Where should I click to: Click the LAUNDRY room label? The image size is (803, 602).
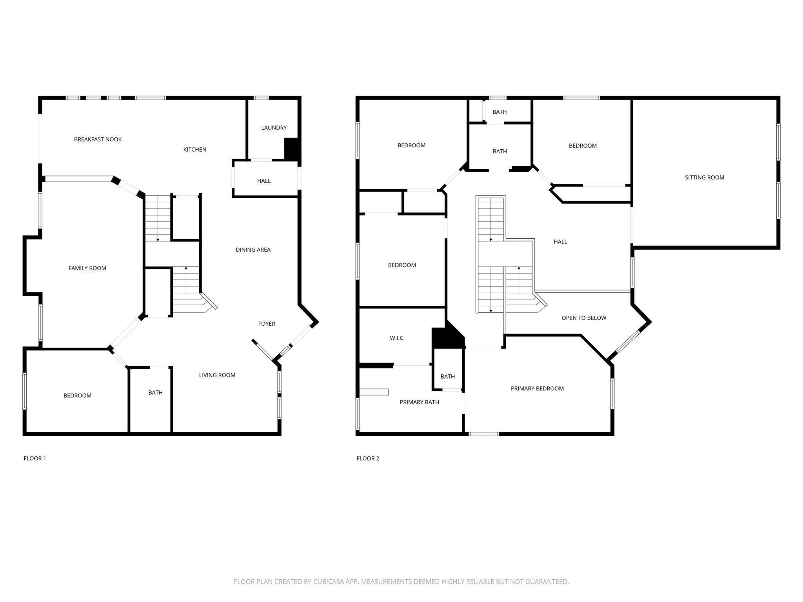(x=274, y=128)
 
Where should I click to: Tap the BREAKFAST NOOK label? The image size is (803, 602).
(x=98, y=140)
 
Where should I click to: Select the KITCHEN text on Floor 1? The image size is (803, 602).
(x=194, y=150)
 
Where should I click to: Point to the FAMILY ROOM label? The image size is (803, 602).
(x=87, y=268)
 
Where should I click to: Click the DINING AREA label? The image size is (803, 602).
(x=253, y=250)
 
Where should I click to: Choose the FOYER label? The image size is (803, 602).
(x=267, y=324)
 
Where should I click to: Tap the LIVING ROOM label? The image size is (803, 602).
(x=217, y=375)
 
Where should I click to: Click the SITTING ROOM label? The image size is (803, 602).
(x=704, y=178)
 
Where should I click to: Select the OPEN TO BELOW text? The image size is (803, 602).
(x=584, y=318)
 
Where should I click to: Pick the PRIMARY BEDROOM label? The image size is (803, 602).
(x=537, y=388)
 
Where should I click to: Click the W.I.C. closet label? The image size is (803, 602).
(x=397, y=338)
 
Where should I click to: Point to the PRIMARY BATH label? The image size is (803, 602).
(x=419, y=402)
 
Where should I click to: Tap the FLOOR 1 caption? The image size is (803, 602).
(x=35, y=458)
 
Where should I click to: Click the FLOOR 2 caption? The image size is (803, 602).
(x=368, y=458)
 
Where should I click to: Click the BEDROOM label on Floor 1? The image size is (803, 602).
(x=77, y=396)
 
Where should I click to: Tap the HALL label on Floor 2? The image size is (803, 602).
(x=560, y=242)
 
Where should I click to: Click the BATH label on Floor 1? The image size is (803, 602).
(x=155, y=393)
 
